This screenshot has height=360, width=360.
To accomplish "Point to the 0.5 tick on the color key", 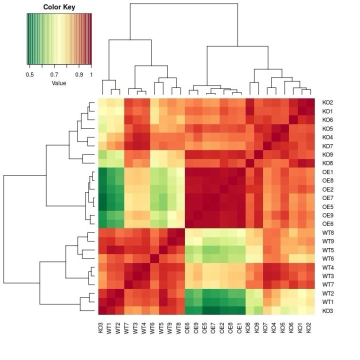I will pos(29,74).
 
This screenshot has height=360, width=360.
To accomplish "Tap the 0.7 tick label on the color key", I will pos(54,74).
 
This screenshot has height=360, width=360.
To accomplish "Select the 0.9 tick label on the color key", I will pos(79,74).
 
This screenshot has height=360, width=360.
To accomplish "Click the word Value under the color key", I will pos(58,83).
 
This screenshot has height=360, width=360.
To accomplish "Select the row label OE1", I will pos(327,171).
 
